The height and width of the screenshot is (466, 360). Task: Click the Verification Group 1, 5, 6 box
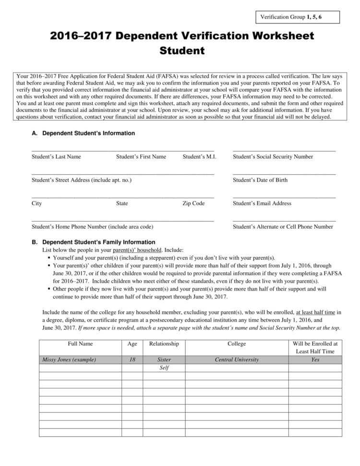pyautogui.click(x=298, y=17)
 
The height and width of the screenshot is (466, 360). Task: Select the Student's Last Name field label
pyautogui.click(x=56, y=157)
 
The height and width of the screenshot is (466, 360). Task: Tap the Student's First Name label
pyautogui.click(x=141, y=157)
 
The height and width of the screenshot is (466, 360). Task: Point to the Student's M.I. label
pyautogui.click(x=199, y=157)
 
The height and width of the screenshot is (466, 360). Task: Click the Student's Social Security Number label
pyautogui.click(x=273, y=157)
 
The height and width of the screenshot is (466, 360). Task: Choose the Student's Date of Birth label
pyautogui.click(x=260, y=180)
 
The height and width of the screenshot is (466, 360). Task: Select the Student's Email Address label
pyautogui.click(x=262, y=203)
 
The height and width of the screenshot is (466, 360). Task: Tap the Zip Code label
pyautogui.click(x=193, y=203)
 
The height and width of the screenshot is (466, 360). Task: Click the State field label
pyautogui.click(x=122, y=203)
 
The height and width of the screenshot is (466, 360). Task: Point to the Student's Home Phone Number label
pyautogui.click(x=93, y=227)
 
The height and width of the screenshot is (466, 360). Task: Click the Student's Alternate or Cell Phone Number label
pyautogui.click(x=283, y=227)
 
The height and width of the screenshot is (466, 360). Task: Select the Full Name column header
pyautogui.click(x=80, y=344)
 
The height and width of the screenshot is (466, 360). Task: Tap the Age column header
pyautogui.click(x=132, y=344)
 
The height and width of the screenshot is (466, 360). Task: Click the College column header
pyautogui.click(x=237, y=344)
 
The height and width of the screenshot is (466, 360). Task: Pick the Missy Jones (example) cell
pyautogui.click(x=69, y=359)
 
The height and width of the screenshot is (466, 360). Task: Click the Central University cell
pyautogui.click(x=237, y=359)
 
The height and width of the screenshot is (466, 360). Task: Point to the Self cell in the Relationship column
pyautogui.click(x=164, y=368)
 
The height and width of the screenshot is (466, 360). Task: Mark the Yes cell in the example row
pyautogui.click(x=315, y=359)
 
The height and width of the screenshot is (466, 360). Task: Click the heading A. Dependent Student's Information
pyautogui.click(x=84, y=134)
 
